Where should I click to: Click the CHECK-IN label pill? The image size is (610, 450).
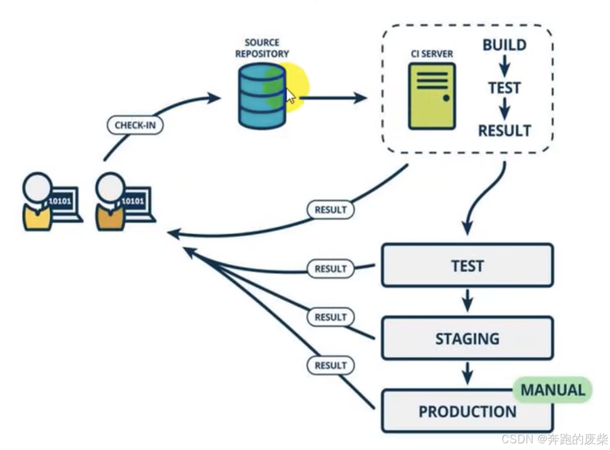135,125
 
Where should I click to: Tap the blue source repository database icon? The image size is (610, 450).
261,95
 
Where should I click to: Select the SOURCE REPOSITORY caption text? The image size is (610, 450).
262,48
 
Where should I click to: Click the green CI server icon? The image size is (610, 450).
432,95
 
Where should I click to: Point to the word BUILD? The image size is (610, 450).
504,45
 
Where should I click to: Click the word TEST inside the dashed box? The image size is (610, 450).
504,88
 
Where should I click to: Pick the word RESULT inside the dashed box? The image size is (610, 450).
504,131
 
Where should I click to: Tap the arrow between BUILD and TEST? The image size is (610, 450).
504,66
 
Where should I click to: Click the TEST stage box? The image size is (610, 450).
467,266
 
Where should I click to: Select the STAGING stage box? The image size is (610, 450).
467,338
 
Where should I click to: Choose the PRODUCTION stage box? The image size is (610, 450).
467,411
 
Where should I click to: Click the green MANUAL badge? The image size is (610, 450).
552,390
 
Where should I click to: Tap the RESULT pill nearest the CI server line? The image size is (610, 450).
330,210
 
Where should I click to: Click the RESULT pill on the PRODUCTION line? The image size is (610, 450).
330,365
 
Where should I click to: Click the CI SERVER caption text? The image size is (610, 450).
432,54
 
